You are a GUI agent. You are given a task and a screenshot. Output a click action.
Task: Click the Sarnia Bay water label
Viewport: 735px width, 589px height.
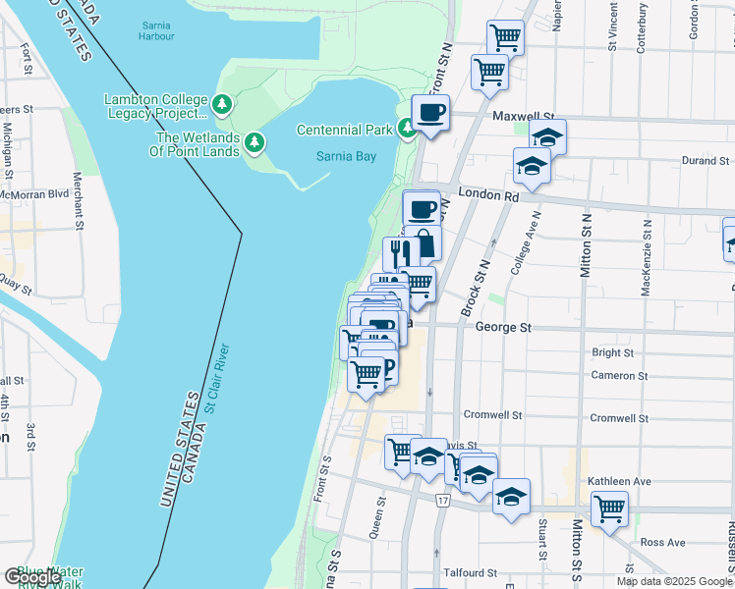tap(346, 156)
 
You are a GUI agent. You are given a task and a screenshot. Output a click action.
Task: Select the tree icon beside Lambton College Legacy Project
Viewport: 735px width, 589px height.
tap(223, 102)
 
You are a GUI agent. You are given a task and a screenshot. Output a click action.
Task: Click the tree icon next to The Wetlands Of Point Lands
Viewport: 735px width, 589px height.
tap(255, 143)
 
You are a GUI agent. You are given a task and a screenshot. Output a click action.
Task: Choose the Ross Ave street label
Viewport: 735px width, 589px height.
tap(661, 542)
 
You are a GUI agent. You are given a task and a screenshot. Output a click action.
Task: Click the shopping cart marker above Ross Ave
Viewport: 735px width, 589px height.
tap(609, 509)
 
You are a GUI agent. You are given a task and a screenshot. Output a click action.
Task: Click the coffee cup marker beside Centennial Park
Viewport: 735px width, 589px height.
tap(429, 112)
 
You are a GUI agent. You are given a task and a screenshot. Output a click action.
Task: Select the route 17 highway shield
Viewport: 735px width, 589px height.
tap(443, 502)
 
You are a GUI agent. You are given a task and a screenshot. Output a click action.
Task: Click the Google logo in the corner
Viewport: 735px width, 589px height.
tap(32, 577)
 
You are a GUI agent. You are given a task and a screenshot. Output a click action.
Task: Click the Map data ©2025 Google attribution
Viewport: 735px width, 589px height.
tap(674, 581)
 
